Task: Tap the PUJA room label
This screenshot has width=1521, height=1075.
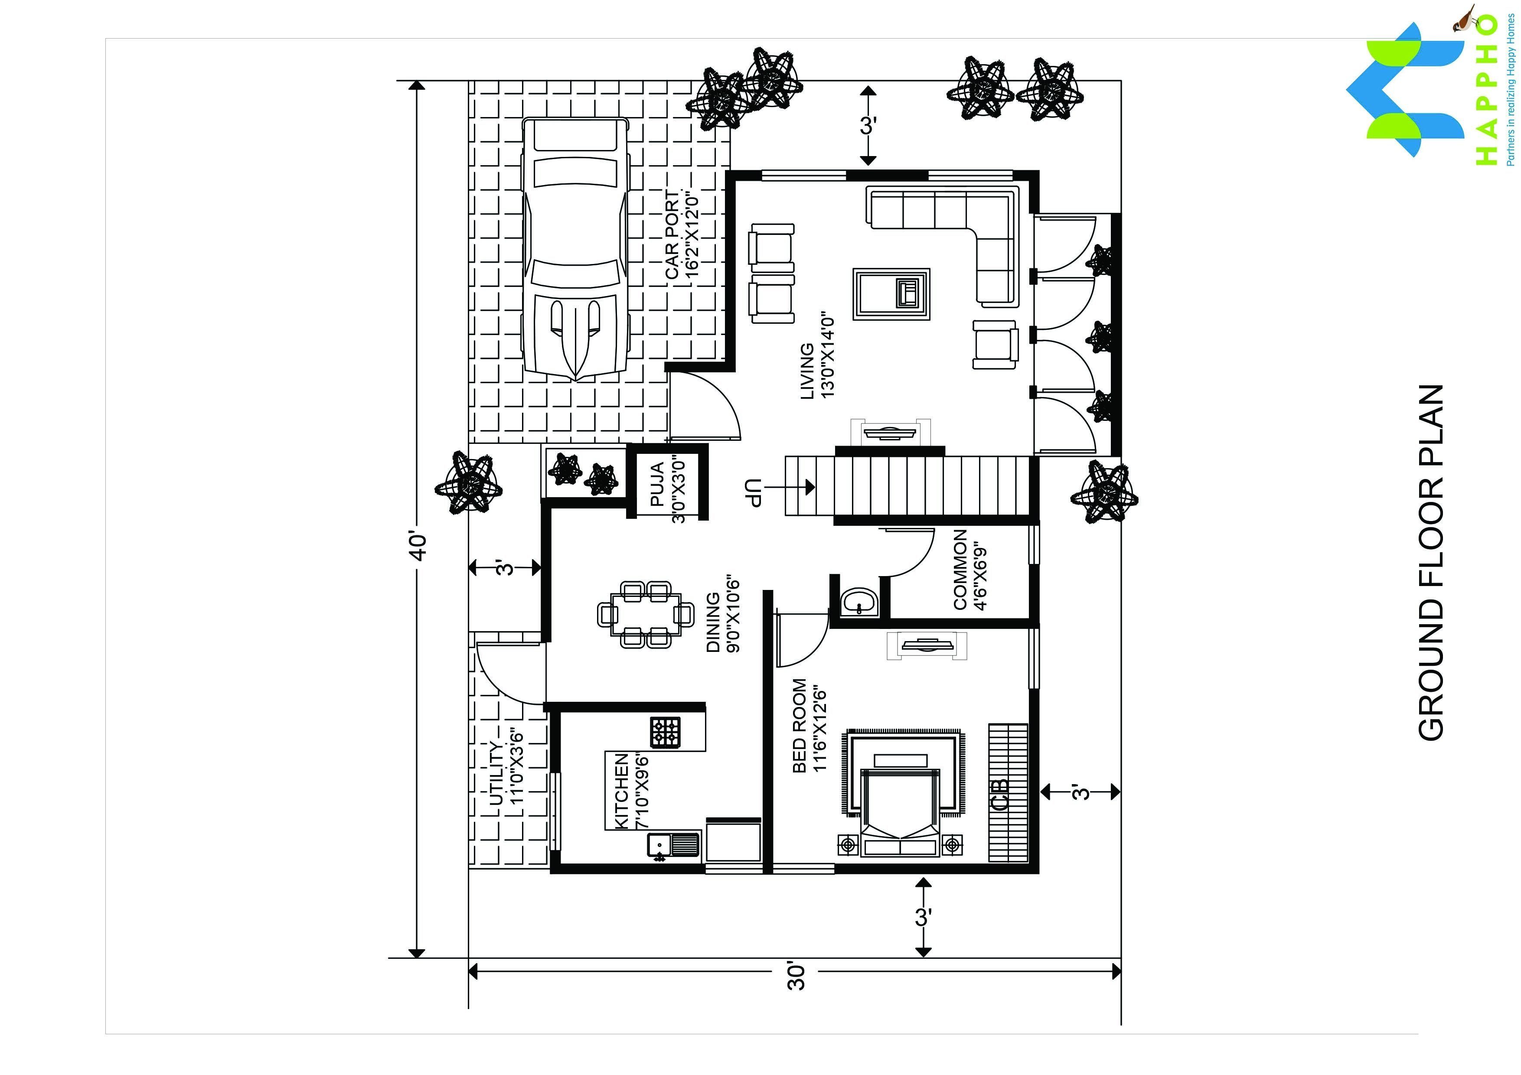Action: (x=657, y=485)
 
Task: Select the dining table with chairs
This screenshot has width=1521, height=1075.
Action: (x=646, y=614)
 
